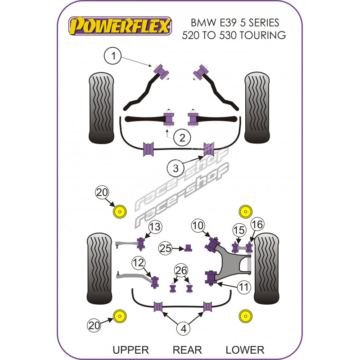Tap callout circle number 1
pyautogui.click(x=113, y=56)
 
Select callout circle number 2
pyautogui.click(x=182, y=138)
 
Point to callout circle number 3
pyautogui.click(x=176, y=169)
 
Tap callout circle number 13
pyautogui.click(x=154, y=227)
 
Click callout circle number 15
pyautogui.click(x=239, y=230)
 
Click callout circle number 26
pyautogui.click(x=181, y=270)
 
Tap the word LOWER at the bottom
pyautogui.click(x=245, y=350)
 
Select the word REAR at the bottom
pyautogui.click(x=187, y=350)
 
